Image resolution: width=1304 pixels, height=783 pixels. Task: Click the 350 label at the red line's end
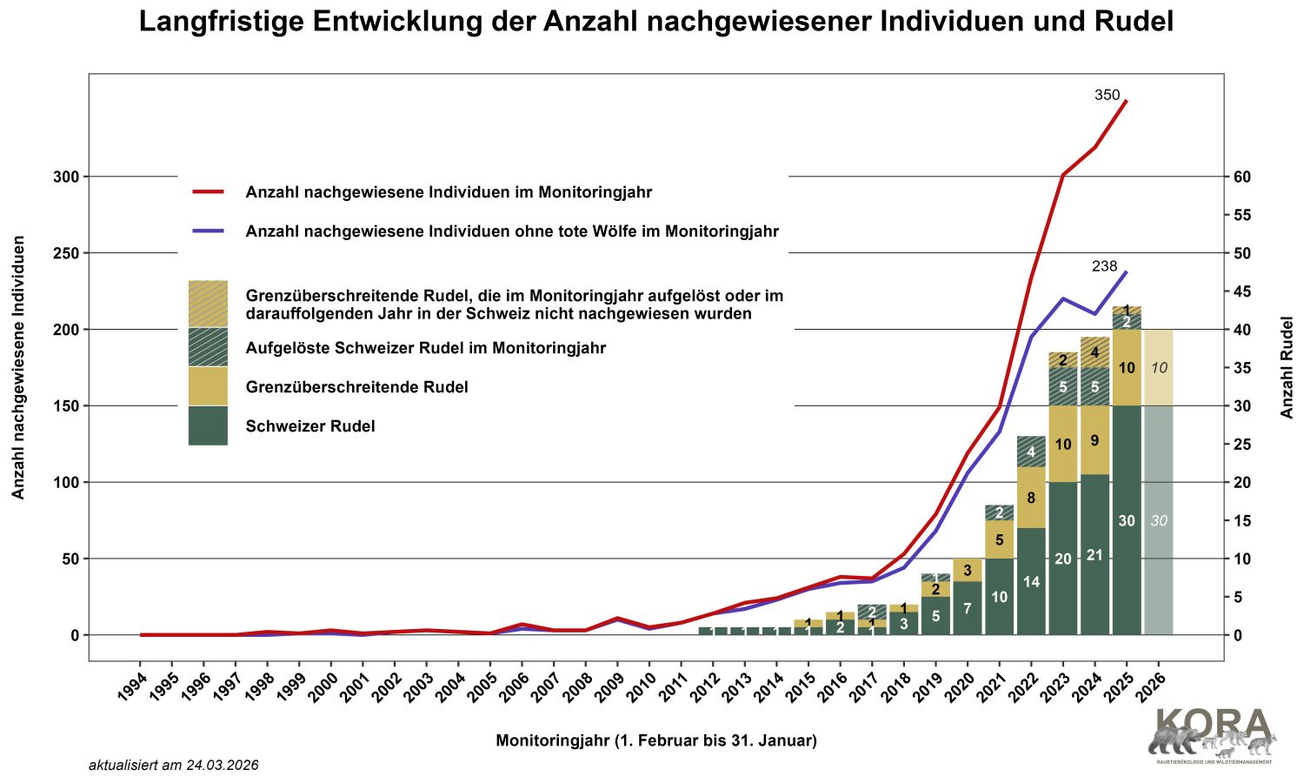click(1107, 96)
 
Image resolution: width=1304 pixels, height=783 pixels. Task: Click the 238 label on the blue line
click(1104, 266)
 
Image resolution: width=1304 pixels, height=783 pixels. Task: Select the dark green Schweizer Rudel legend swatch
click(208, 426)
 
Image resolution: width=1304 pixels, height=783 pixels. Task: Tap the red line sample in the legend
click(209, 191)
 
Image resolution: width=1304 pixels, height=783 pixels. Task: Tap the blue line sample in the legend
click(209, 231)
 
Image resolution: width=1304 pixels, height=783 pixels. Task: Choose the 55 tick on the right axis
click(1242, 215)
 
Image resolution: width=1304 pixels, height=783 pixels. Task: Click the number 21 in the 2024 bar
click(1094, 555)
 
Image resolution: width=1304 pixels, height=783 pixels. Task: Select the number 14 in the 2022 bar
click(1031, 582)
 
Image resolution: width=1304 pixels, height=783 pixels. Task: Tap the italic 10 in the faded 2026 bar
click(1159, 368)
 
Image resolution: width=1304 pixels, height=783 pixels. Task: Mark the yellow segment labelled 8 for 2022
click(1031, 499)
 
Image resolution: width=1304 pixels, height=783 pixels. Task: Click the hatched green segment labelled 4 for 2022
click(1031, 452)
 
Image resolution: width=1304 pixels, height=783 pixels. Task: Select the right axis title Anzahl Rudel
click(1287, 367)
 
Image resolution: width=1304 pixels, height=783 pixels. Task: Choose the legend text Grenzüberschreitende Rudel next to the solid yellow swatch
click(357, 387)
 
